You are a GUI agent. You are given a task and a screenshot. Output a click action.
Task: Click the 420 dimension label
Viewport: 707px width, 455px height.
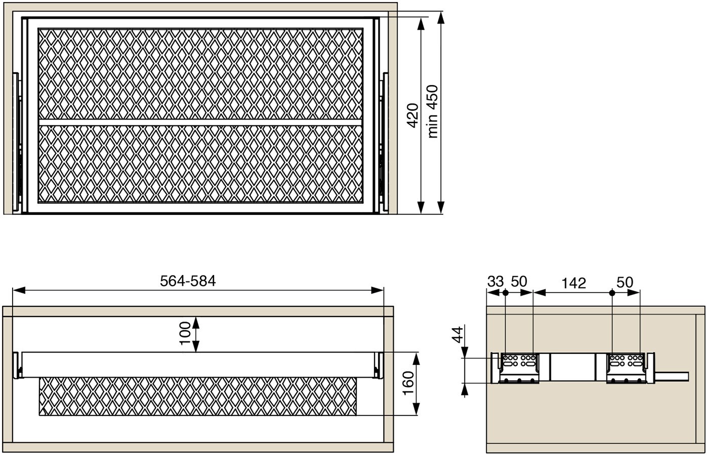(x=413, y=115)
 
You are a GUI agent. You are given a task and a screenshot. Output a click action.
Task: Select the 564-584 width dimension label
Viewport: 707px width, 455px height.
(x=188, y=281)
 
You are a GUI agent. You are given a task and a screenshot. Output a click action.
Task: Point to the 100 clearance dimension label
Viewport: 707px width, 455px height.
(x=185, y=334)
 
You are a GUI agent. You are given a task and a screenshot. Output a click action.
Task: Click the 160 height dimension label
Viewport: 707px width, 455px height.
(x=408, y=383)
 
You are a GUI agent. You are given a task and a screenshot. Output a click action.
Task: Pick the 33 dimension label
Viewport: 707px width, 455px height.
(x=495, y=282)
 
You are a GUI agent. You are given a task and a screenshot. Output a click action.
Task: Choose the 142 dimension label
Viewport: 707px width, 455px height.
(x=574, y=283)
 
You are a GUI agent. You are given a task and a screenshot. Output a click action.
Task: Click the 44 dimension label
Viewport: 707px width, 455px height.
(x=458, y=335)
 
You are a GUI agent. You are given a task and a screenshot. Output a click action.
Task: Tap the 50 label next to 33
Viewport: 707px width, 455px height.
(x=519, y=282)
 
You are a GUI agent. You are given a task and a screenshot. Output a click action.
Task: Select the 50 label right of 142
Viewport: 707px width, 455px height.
(x=625, y=283)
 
